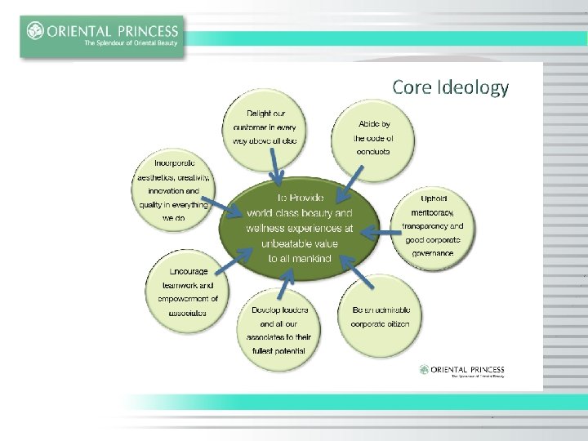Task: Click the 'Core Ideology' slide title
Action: pyautogui.click(x=450, y=87)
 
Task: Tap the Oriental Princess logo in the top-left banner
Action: pyautogui.click(x=102, y=36)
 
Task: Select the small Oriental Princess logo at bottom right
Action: pyautogui.click(x=461, y=371)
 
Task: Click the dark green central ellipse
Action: pyautogui.click(x=300, y=229)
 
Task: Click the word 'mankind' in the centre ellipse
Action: pyautogui.click(x=311, y=259)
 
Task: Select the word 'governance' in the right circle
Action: pyautogui.click(x=433, y=253)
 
